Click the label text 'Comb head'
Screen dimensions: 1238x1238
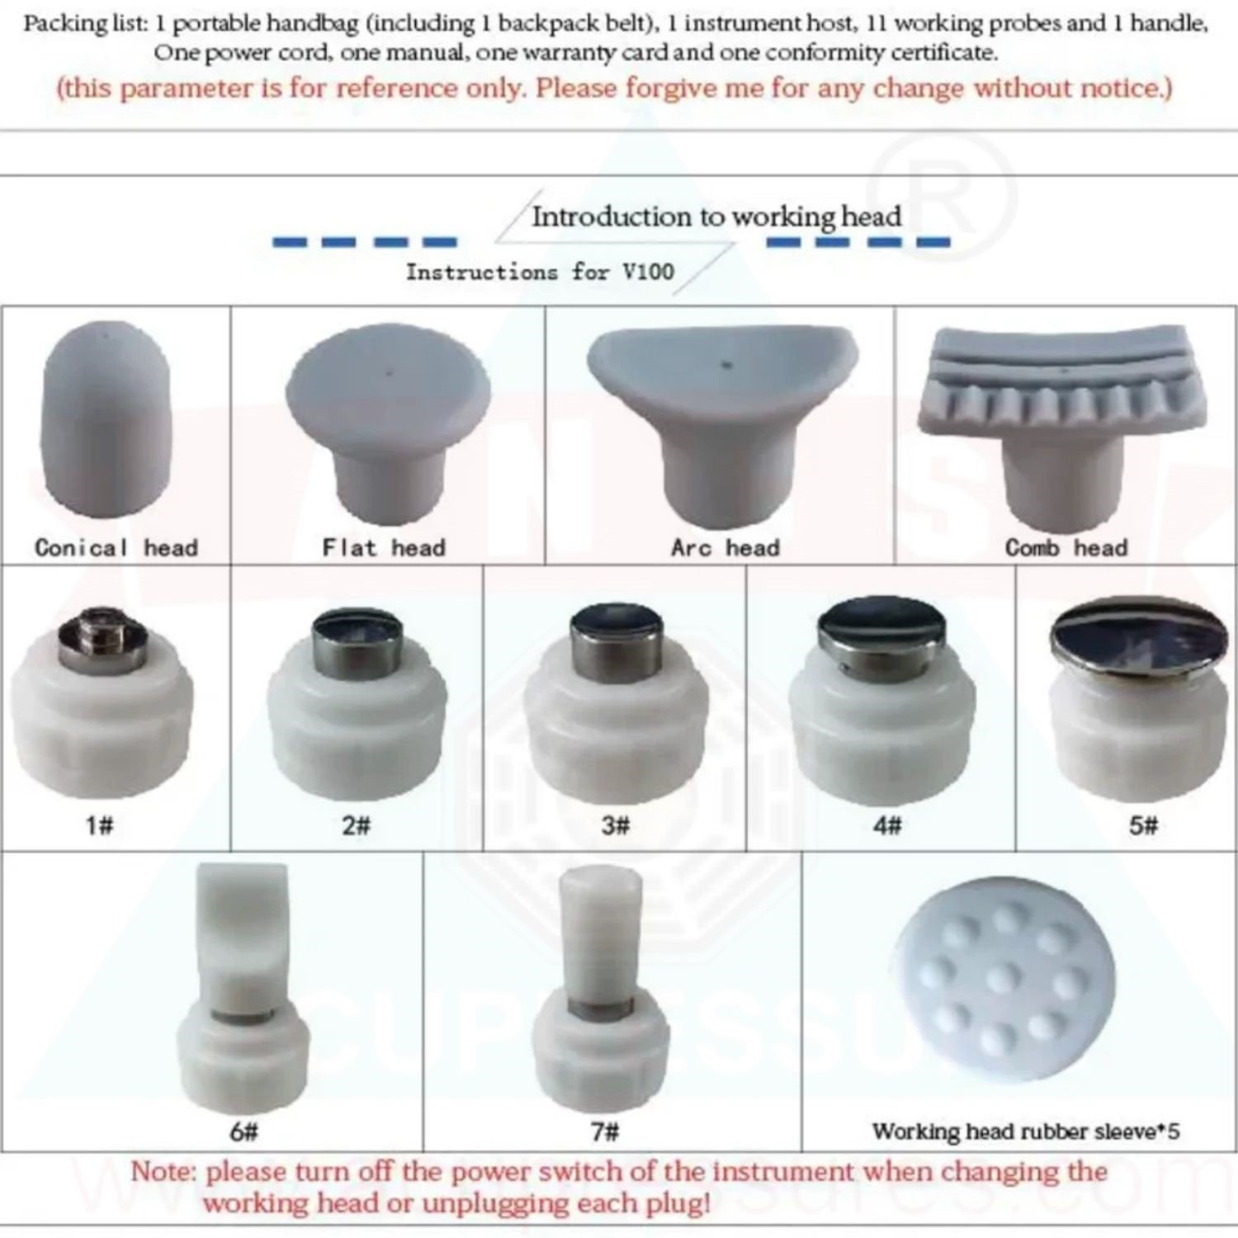pyautogui.click(x=1066, y=547)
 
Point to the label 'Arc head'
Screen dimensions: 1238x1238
pyautogui.click(x=725, y=547)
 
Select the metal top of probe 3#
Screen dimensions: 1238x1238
pyautogui.click(x=616, y=636)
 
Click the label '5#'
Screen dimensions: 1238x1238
pyautogui.click(x=1143, y=825)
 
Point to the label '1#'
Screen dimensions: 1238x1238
pyautogui.click(x=99, y=825)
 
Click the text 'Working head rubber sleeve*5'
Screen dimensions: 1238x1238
pyautogui.click(x=1026, y=1131)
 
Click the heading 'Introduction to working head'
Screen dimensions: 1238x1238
pyautogui.click(x=716, y=217)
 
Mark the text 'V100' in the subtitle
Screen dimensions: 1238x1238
pyautogui.click(x=648, y=271)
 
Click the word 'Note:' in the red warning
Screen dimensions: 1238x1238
pyautogui.click(x=163, y=1172)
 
